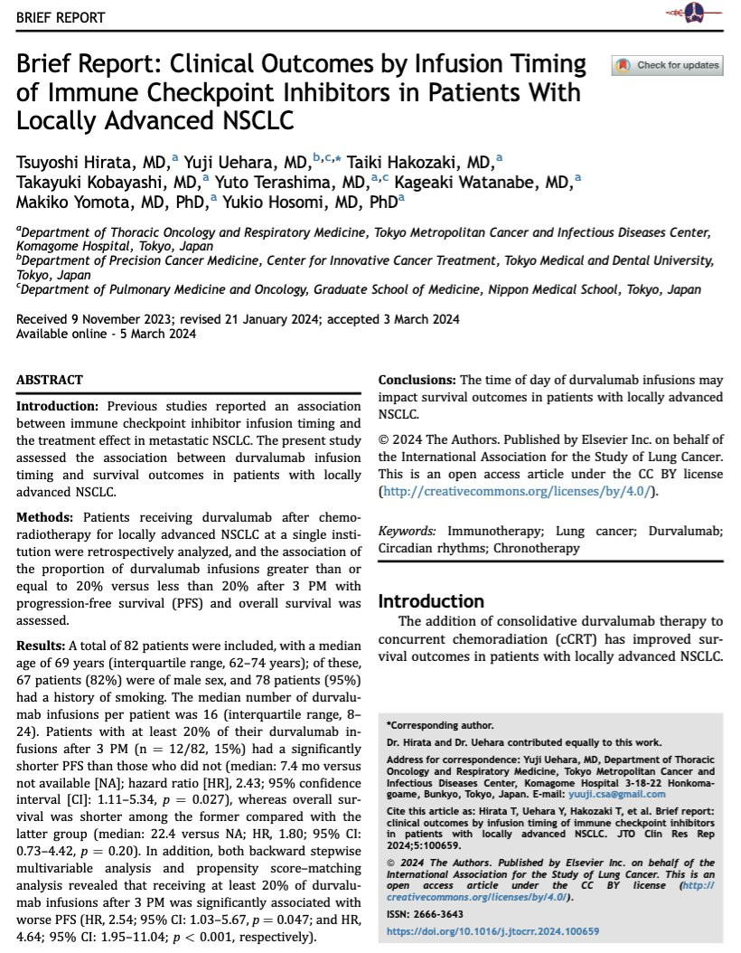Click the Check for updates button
pos(668,65)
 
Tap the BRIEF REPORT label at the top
pos(60,18)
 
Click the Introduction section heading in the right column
pos(430,601)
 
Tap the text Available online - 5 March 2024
pos(106,333)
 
